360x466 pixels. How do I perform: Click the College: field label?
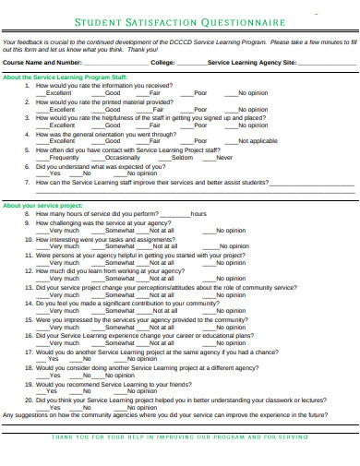(x=162, y=62)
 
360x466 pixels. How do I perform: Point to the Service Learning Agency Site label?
(x=252, y=62)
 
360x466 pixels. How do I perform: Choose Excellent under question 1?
(x=58, y=94)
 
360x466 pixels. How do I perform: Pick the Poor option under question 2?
(x=200, y=109)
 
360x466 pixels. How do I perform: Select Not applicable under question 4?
(x=257, y=141)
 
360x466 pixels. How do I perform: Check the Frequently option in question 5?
(x=63, y=157)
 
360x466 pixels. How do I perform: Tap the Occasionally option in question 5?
(x=123, y=157)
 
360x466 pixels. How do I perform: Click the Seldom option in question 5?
(x=182, y=157)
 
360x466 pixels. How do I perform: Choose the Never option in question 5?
(x=224, y=157)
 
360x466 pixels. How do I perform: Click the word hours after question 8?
(x=198, y=213)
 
